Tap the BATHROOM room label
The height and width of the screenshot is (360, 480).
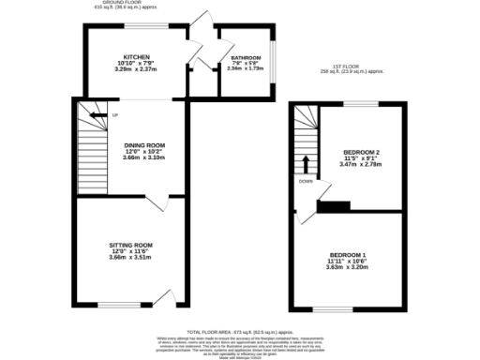tap(246, 58)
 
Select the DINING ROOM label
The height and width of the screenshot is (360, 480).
tap(144, 145)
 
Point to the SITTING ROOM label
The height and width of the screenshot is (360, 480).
tap(130, 245)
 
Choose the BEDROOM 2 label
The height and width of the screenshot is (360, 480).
tap(361, 152)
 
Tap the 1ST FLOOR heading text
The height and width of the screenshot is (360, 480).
tap(349, 67)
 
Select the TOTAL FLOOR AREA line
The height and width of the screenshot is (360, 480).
tap(238, 333)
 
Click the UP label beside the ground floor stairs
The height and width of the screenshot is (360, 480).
tap(115, 116)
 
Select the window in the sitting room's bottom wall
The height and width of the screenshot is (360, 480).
tap(118, 305)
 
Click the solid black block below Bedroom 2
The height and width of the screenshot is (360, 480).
tap(337, 206)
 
